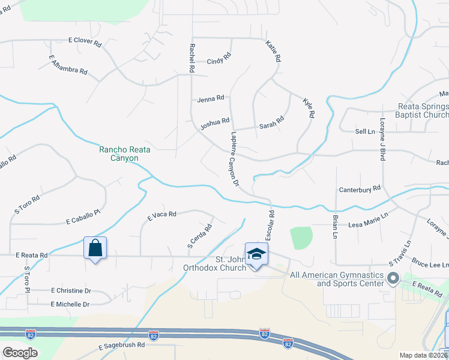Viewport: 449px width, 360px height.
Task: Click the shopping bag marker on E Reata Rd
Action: coord(95,248)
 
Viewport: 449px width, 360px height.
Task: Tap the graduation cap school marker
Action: coord(256,254)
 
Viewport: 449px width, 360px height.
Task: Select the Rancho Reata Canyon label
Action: coord(119,154)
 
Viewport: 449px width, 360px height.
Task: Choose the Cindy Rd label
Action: coord(218,61)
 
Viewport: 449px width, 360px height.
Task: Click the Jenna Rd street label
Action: coord(210,98)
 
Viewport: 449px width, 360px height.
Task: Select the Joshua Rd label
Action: coord(215,123)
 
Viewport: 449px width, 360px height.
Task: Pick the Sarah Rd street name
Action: coord(271,124)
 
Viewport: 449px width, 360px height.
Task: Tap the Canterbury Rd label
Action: coord(360,188)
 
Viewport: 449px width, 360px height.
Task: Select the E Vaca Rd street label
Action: coord(161,214)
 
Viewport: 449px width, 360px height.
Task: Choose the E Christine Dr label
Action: coord(71,290)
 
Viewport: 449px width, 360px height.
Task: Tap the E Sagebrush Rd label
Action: coord(121,346)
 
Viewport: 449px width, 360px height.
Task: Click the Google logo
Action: coord(19,353)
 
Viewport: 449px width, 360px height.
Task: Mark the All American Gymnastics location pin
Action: coord(394,278)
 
